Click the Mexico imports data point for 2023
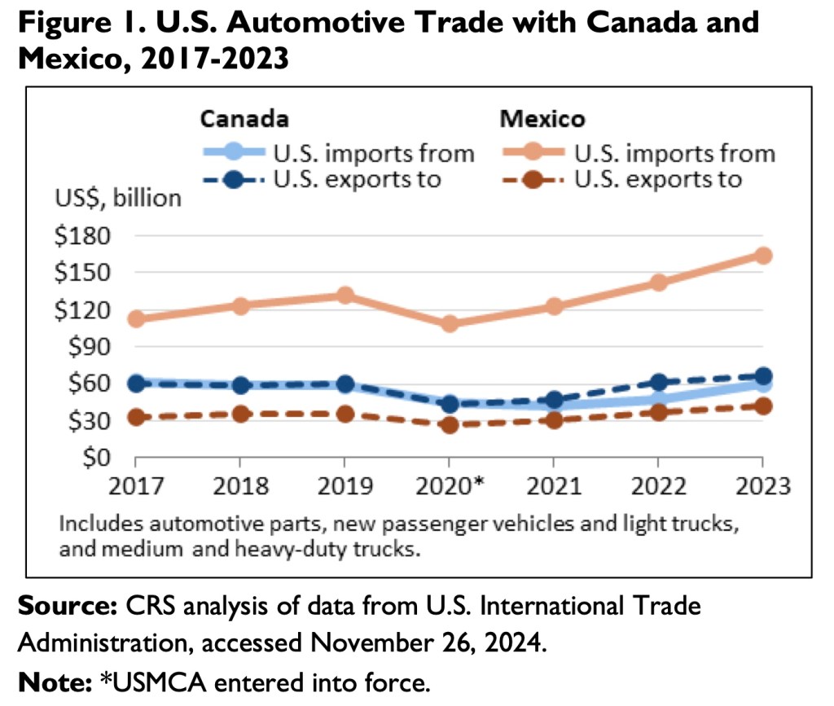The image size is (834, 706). (x=762, y=256)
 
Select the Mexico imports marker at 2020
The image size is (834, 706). (x=449, y=323)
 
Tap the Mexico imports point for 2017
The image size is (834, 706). (x=136, y=318)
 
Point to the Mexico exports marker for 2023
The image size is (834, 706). (x=762, y=406)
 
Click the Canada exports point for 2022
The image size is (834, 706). (x=658, y=382)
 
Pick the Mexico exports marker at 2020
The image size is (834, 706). (x=449, y=424)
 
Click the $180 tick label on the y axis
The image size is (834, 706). (x=81, y=236)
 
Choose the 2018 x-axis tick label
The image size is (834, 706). (x=240, y=486)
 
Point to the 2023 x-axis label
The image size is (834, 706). (x=762, y=486)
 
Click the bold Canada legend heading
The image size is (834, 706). (x=244, y=120)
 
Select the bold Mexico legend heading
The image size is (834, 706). (x=542, y=120)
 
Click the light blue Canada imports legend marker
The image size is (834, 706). (x=233, y=152)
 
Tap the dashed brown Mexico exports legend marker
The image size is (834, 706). (x=531, y=179)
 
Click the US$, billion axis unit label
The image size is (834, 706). (x=117, y=198)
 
